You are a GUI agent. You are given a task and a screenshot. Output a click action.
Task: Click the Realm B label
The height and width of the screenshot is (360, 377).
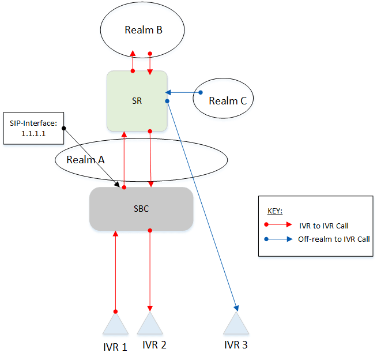point(143,30)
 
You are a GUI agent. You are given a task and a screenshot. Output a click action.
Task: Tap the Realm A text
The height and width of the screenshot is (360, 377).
point(85,159)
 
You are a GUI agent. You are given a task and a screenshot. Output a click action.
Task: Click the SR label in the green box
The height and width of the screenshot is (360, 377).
point(137,101)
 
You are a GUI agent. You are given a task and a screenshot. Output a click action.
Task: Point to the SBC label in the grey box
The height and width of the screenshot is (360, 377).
point(141,209)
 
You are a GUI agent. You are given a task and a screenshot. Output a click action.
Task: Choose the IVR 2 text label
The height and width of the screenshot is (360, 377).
point(154,345)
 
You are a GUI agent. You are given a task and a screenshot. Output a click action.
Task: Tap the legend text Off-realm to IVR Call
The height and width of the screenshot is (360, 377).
point(334,239)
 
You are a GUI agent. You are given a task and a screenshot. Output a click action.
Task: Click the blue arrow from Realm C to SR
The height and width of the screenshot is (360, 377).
point(183,92)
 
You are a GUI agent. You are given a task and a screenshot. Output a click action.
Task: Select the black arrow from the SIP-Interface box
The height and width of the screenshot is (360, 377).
point(92,157)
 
